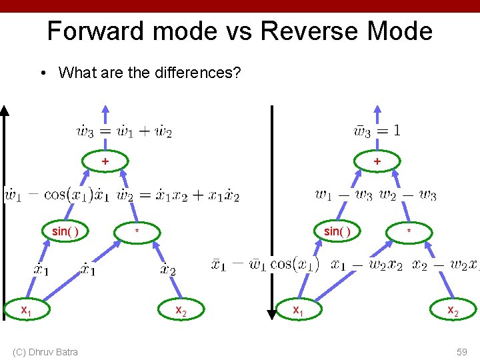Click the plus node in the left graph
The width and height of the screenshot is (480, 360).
point(104,161)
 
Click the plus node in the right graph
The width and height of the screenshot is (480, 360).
point(377,161)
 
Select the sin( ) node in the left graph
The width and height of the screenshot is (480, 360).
point(65,231)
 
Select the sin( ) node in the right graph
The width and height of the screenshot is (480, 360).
point(337,231)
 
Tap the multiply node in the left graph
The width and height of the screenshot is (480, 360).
point(137,231)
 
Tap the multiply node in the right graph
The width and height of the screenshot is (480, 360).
point(409,231)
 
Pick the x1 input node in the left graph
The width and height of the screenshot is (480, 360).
point(26,309)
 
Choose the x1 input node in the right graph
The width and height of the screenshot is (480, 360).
point(299,309)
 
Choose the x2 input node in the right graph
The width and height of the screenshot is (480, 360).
point(453,309)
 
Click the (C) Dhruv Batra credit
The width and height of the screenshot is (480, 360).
point(45,351)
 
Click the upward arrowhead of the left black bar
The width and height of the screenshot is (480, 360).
point(5,111)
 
